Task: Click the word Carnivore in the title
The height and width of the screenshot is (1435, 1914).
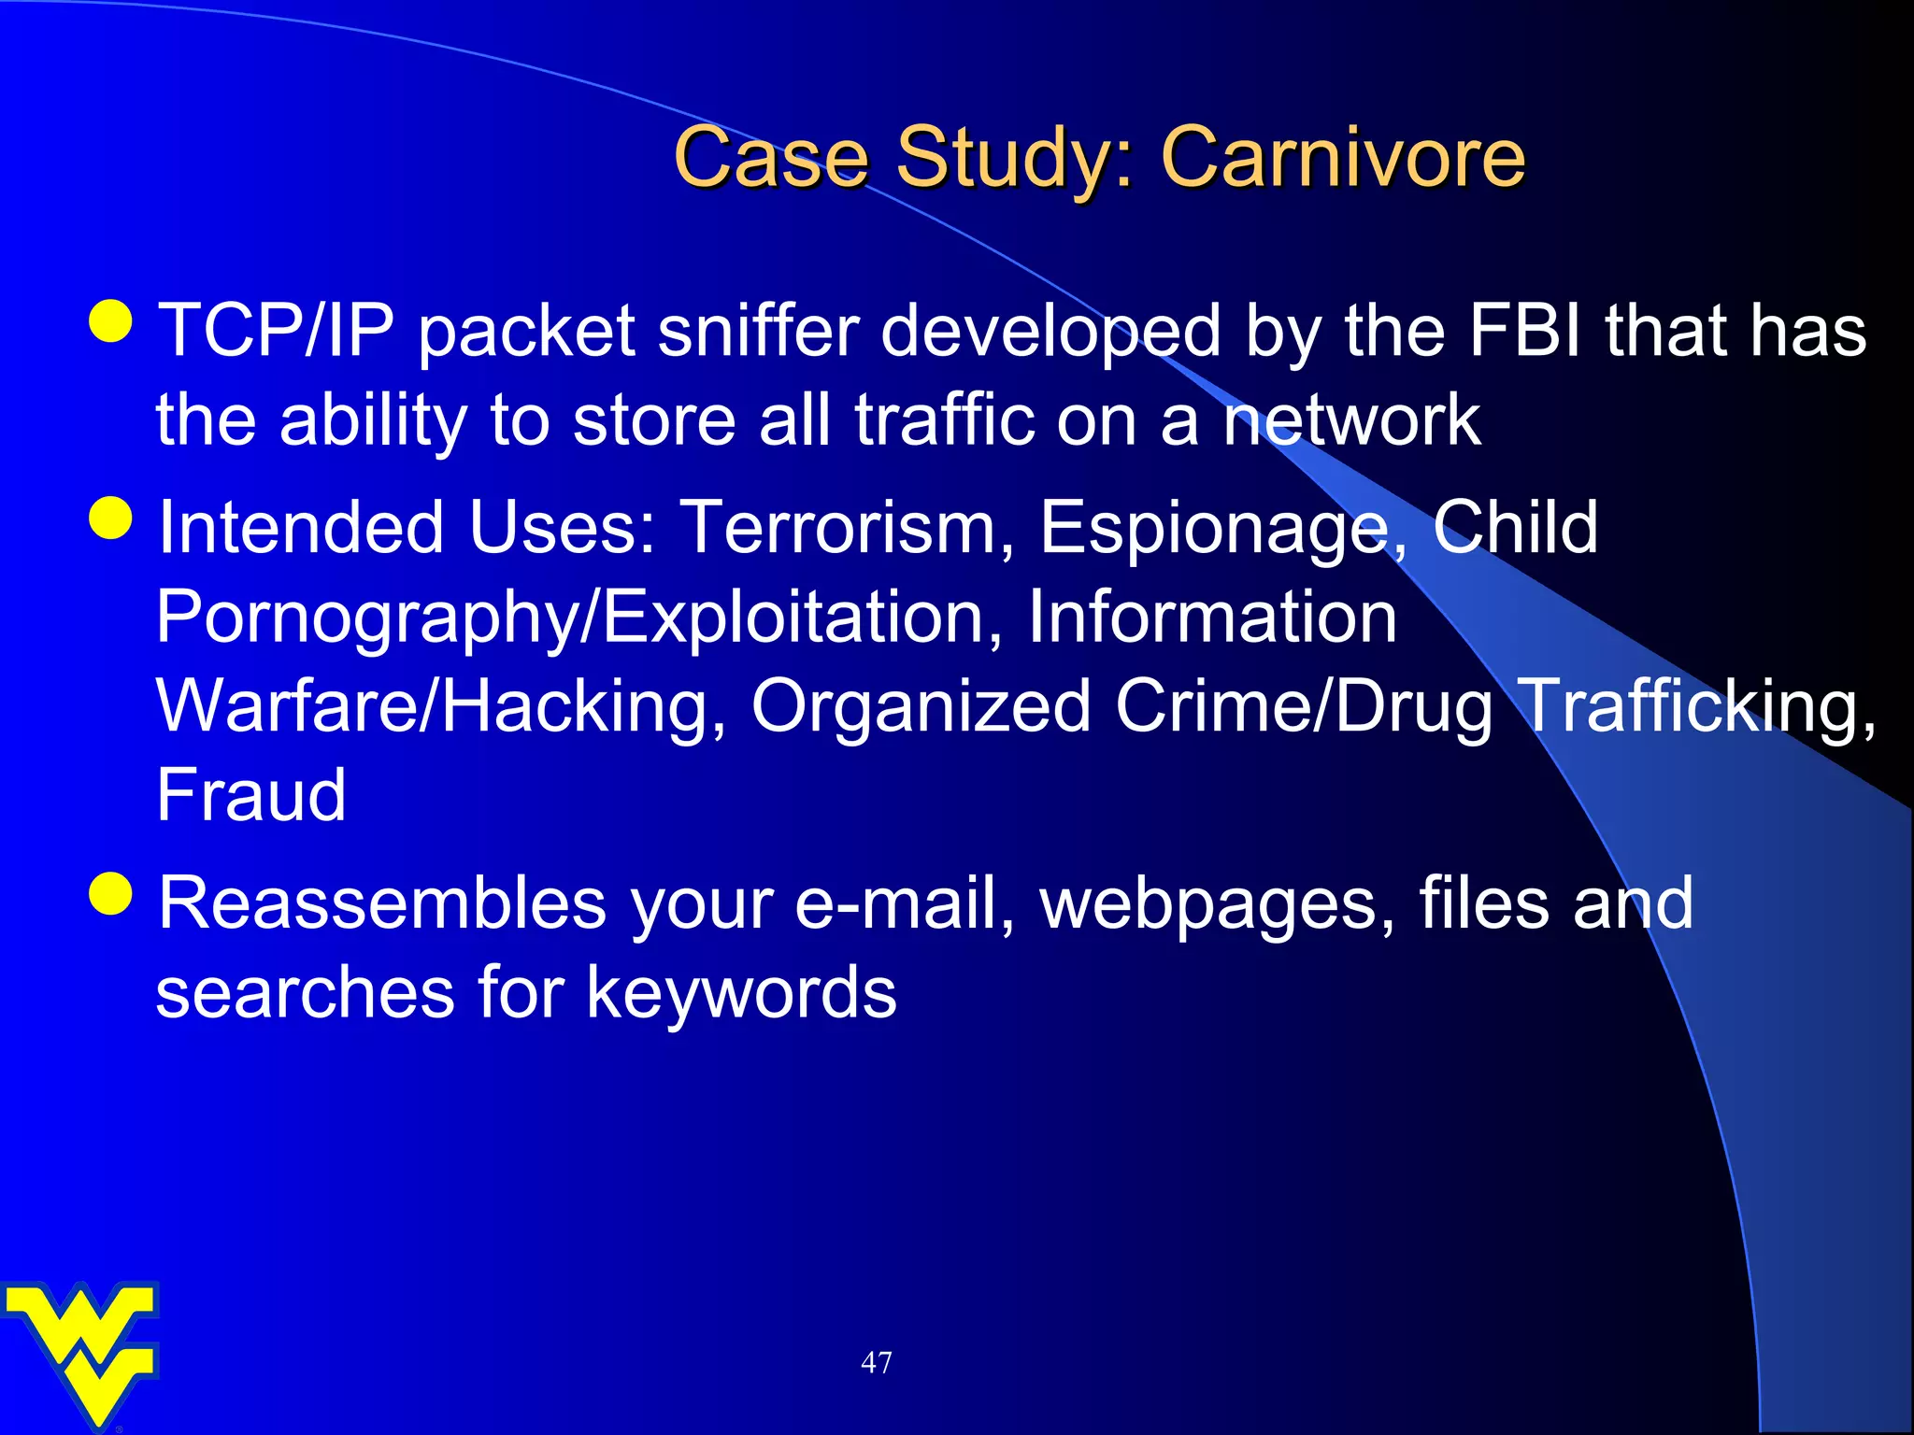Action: pyautogui.click(x=1342, y=157)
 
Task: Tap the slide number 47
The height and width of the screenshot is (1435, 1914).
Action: pyautogui.click(x=876, y=1362)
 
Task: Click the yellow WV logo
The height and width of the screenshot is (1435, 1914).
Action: pyautogui.click(x=82, y=1350)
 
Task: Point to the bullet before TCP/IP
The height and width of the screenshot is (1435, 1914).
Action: pyautogui.click(x=111, y=321)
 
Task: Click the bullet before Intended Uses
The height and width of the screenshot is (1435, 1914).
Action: pyautogui.click(x=111, y=518)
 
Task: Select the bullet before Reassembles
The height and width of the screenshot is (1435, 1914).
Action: pyautogui.click(x=111, y=893)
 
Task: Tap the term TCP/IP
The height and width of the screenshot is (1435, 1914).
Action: pyautogui.click(x=276, y=331)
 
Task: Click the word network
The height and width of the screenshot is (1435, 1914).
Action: pyautogui.click(x=1352, y=420)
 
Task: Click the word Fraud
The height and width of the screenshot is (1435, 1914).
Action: pyautogui.click(x=250, y=795)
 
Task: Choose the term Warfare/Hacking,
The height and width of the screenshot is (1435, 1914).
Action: pyautogui.click(x=441, y=706)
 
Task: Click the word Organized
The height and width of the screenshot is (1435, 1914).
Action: pyautogui.click(x=921, y=706)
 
